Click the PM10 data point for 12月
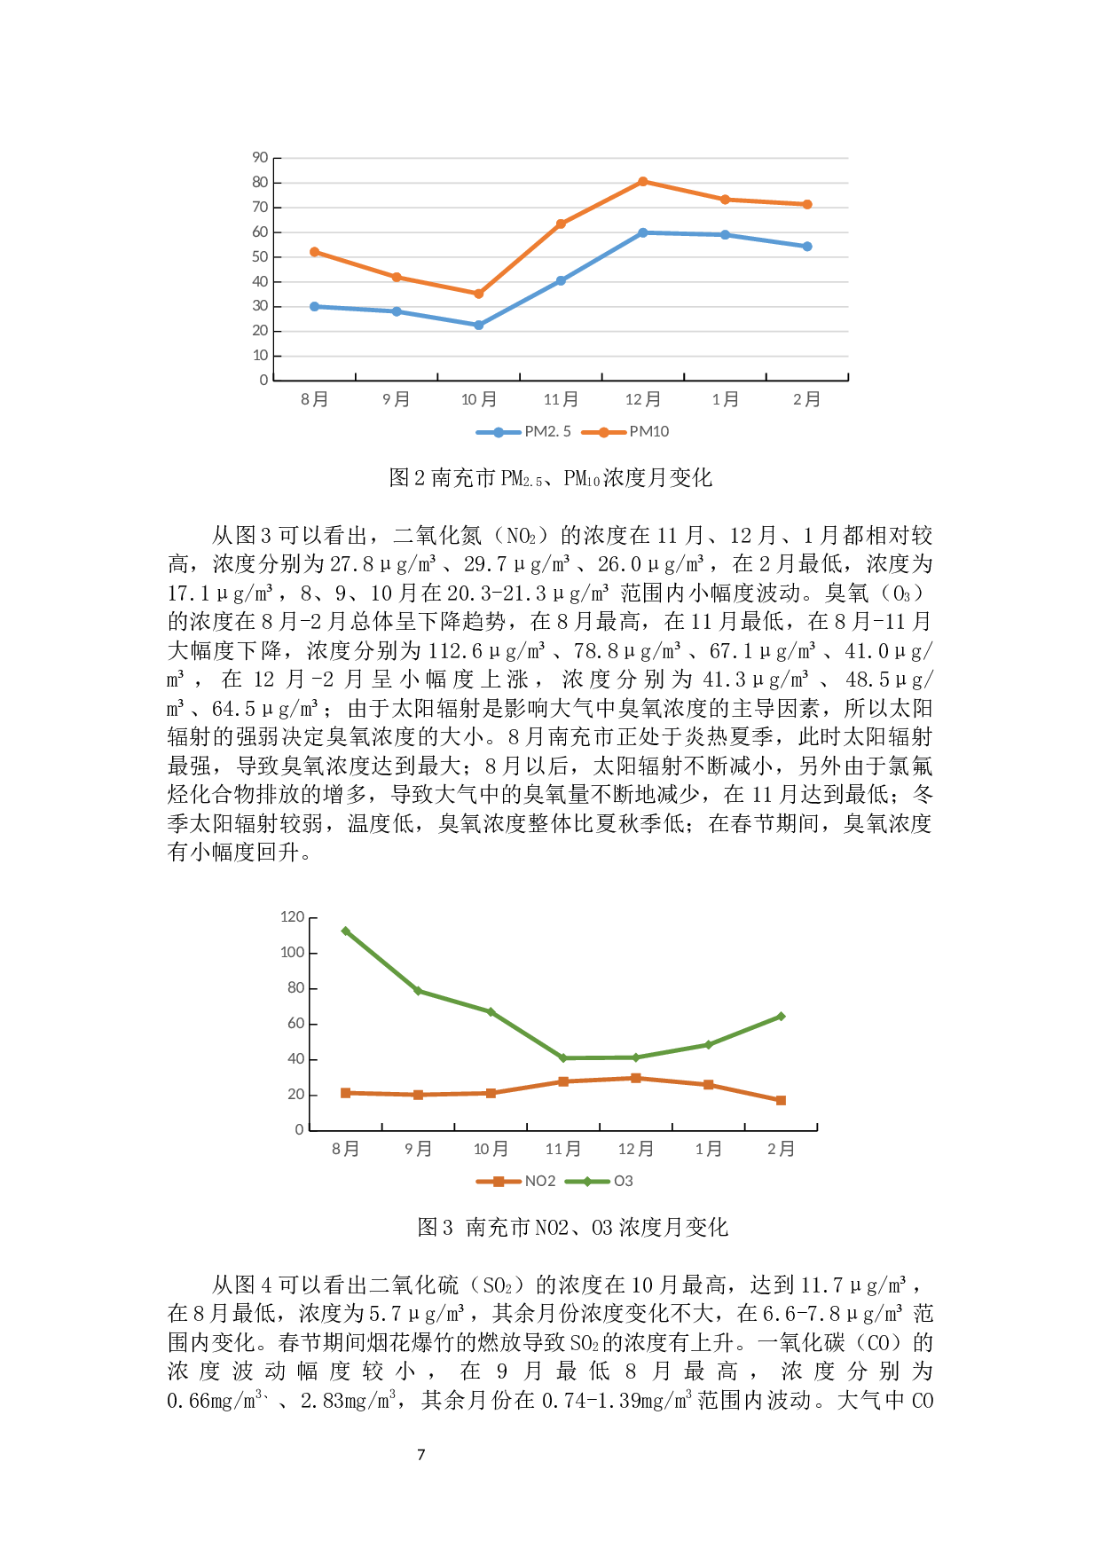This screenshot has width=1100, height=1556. [x=642, y=182]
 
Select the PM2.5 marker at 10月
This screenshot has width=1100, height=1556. [x=479, y=326]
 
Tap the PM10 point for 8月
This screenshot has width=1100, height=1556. [x=314, y=252]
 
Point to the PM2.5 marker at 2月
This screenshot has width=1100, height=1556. [x=807, y=247]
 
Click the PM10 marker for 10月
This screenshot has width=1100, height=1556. [x=479, y=294]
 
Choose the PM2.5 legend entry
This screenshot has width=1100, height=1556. [x=523, y=432]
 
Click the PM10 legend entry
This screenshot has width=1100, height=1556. [x=626, y=432]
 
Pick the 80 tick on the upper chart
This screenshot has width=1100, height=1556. [x=260, y=183]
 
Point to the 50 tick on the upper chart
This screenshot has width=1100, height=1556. [x=260, y=257]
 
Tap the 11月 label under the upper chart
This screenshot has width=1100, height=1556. [x=561, y=400]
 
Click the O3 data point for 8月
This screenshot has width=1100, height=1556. [x=345, y=931]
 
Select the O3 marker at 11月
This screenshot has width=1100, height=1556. [x=563, y=1058]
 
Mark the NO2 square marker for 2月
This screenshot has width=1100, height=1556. [x=781, y=1101]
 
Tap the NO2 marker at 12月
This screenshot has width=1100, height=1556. [x=636, y=1078]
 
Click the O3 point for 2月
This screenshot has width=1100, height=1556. [x=781, y=1017]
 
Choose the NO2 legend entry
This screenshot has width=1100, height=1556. [x=516, y=1182]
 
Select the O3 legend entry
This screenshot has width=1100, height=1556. [x=600, y=1182]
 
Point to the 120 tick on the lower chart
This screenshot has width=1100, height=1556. [x=292, y=917]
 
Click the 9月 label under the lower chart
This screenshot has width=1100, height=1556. [x=418, y=1150]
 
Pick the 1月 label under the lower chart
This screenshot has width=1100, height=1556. [x=708, y=1150]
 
